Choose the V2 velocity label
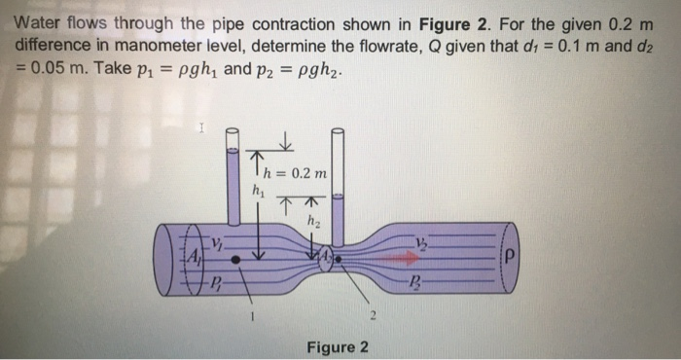point(421,242)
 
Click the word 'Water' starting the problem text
point(38,21)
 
